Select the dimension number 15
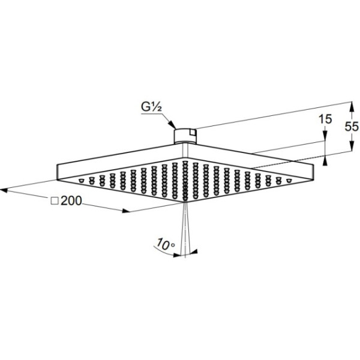[325, 119]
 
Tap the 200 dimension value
[71, 201]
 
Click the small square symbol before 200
[54, 202]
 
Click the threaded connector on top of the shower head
[185, 134]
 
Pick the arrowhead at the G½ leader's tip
[174, 127]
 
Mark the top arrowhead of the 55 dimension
[352, 104]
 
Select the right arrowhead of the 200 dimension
[125, 211]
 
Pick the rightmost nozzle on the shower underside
[289, 179]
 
